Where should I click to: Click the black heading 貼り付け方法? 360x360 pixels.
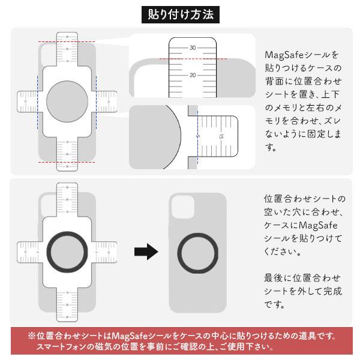coord(180,14)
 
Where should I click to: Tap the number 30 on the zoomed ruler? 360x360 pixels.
coord(193,47)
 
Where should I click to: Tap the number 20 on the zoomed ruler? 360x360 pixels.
coord(193,75)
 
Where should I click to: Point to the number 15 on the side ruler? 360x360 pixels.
coord(221,137)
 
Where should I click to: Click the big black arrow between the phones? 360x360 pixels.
coord(145,251)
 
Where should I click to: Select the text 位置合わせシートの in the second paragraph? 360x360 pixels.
coord(305,199)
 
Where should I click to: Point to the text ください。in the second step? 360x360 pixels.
coord(282,251)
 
